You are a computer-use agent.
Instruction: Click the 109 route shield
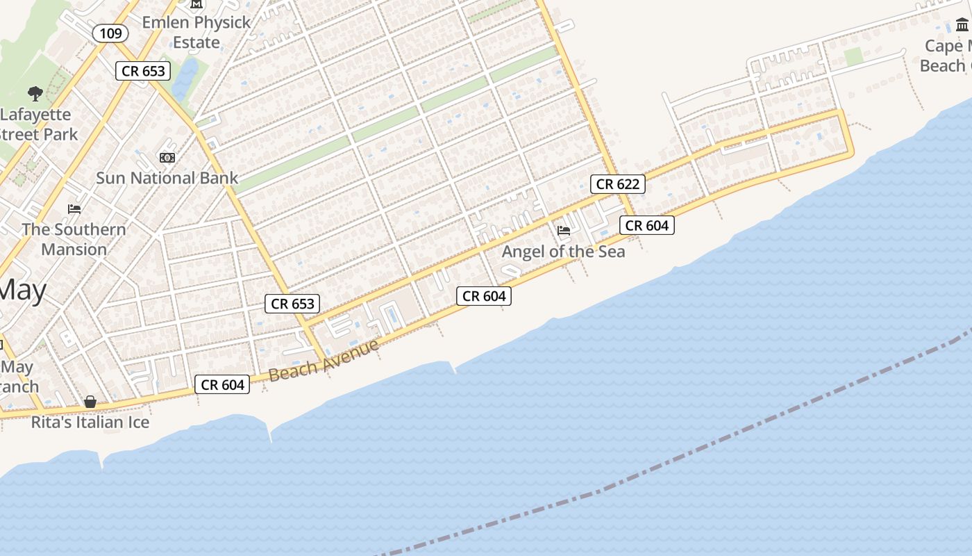(110, 33)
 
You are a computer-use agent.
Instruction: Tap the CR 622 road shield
(618, 184)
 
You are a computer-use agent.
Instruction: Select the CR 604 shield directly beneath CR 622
(646, 225)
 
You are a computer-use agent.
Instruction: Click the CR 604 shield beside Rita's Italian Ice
(222, 384)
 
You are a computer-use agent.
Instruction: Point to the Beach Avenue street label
(324, 359)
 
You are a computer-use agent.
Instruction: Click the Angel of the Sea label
(563, 252)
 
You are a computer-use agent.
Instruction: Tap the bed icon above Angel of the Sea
(564, 230)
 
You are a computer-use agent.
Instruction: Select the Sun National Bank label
(167, 178)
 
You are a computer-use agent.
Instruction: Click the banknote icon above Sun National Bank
(167, 158)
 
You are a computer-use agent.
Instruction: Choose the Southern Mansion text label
(74, 239)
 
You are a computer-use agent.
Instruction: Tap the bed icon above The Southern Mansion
(74, 208)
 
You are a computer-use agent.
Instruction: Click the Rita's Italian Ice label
(90, 422)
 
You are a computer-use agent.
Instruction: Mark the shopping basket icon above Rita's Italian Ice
(90, 402)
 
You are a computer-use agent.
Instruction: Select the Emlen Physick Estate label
(196, 32)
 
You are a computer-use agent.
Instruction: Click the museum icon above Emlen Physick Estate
(196, 4)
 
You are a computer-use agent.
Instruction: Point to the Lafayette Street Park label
(38, 124)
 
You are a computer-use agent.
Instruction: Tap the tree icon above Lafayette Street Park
(35, 93)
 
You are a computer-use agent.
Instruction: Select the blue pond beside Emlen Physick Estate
(185, 78)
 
